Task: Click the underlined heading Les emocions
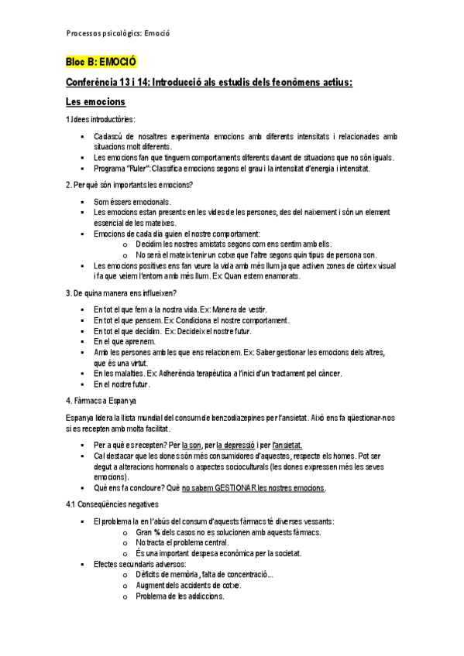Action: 95,102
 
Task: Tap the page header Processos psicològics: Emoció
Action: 118,32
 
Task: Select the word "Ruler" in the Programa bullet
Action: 139,169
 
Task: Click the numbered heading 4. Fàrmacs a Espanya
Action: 101,401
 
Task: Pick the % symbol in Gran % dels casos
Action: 156,533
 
